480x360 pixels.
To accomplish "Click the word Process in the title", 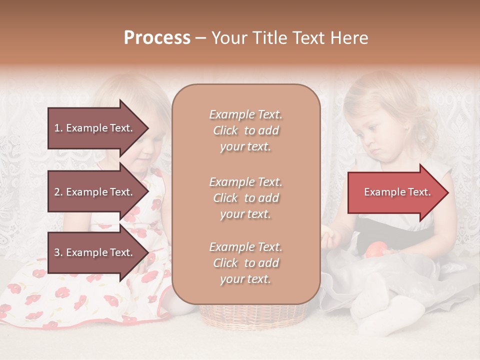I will point(157,38).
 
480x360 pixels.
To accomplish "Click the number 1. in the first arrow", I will point(58,128).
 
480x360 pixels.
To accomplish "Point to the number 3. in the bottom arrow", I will point(58,253).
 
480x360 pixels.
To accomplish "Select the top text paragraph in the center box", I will point(245,130).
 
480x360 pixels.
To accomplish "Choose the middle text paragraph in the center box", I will point(245,198).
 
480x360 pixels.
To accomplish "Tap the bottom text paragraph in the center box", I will point(245,263).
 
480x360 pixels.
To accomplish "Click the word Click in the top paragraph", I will point(225,130).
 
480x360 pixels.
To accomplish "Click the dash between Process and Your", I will point(200,38).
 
